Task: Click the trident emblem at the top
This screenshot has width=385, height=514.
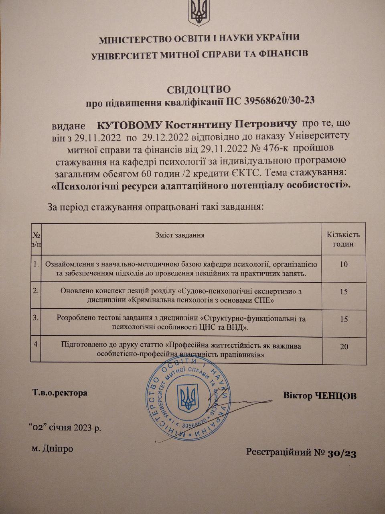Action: coord(199,12)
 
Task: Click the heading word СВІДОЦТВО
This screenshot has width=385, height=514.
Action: coord(199,89)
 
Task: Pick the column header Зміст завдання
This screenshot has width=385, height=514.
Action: coord(180,235)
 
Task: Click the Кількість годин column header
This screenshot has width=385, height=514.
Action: coord(343,239)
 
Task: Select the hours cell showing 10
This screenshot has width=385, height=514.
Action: coord(343,265)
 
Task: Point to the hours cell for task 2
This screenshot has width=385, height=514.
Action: coord(343,292)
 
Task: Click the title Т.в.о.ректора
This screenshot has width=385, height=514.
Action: coord(60,392)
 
